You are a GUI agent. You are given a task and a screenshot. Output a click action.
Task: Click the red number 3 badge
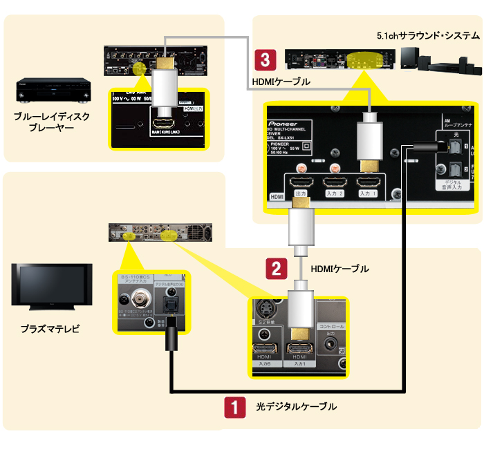coord(264,59)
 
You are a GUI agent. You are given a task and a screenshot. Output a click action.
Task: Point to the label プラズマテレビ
coord(50,329)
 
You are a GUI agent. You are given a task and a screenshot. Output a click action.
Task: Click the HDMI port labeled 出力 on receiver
coord(301,184)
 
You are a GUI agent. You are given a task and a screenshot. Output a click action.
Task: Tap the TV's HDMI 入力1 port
coord(300,350)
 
